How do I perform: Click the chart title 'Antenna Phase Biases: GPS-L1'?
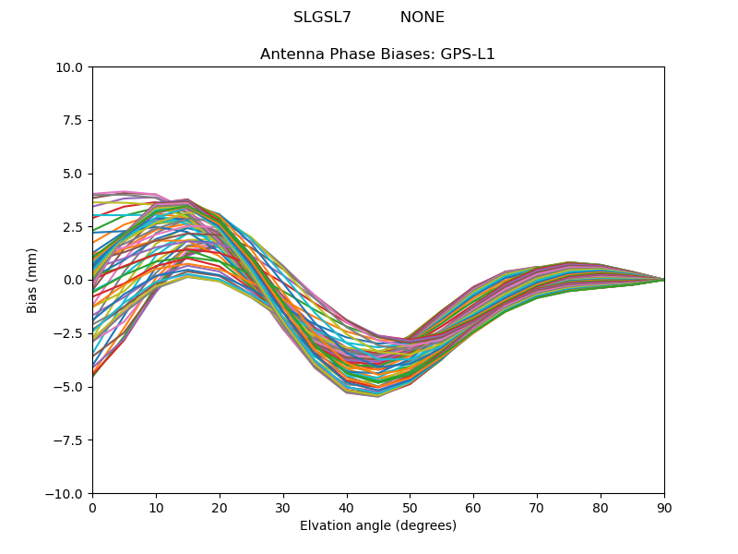[x=377, y=54]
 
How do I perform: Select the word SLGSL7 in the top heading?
[x=322, y=18]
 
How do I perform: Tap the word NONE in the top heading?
[x=422, y=18]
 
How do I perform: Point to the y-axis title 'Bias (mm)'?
[x=33, y=280]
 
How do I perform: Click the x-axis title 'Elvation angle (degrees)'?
[x=377, y=526]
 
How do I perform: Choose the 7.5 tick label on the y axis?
[x=74, y=120]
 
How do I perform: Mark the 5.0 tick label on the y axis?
[x=74, y=174]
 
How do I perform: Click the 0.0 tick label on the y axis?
[x=74, y=280]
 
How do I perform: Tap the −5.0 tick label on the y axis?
[x=70, y=387]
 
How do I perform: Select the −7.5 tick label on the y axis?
[x=70, y=440]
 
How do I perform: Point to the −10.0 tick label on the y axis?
[x=66, y=494]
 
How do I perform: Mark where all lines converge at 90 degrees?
[x=663, y=280]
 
